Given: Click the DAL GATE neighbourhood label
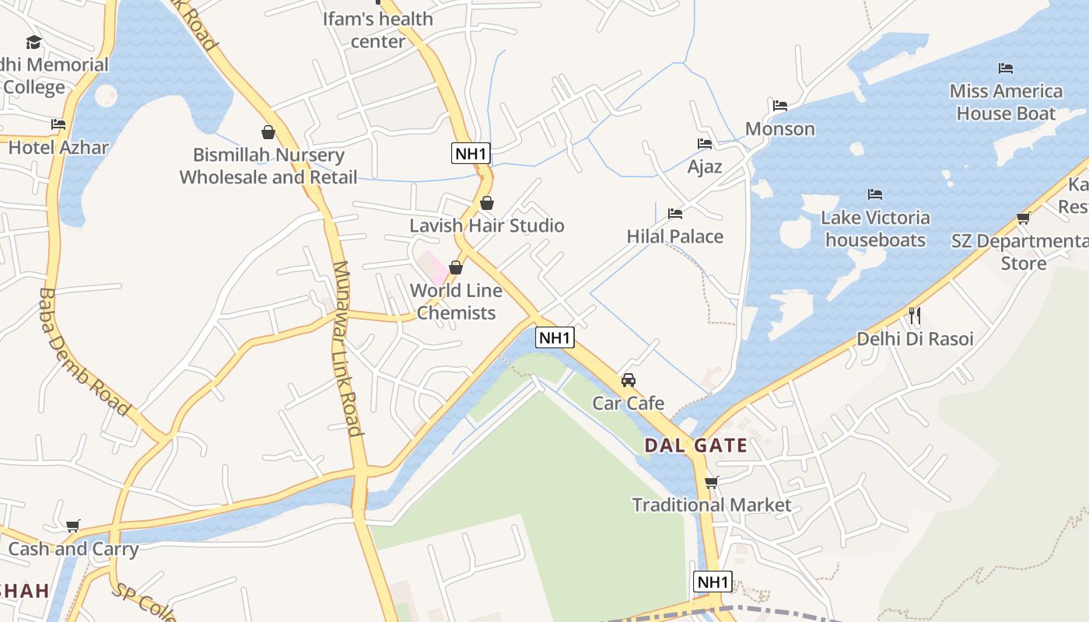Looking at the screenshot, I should coord(695,446).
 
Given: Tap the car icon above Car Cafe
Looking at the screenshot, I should coord(629,380).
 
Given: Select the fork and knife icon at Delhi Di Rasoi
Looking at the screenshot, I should coord(915,315).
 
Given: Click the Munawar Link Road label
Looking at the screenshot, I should coord(347,349).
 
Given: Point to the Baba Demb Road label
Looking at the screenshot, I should coord(83,351).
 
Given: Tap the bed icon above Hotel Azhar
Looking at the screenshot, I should coord(58,124).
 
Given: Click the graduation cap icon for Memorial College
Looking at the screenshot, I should coord(33,42).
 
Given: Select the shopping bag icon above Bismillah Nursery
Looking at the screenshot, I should coord(268,132).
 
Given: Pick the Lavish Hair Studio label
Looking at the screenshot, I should coord(487,225).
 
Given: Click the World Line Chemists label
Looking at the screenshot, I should coord(456,301).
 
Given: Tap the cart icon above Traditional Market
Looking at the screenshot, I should coord(711,482).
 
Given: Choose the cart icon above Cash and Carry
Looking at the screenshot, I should coord(73,526).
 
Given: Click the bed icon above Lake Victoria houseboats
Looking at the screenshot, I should coord(875,194).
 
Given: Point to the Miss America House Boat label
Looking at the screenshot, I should coord(1006,102).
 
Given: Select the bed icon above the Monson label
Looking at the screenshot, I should coord(780,106).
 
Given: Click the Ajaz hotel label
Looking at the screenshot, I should coord(705,166).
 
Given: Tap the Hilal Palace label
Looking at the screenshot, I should coord(675,236).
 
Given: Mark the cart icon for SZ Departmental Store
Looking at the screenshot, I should coord(1023,218).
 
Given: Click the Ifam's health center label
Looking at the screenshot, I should coord(378,30).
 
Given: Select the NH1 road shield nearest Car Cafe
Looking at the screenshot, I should coord(555,337).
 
